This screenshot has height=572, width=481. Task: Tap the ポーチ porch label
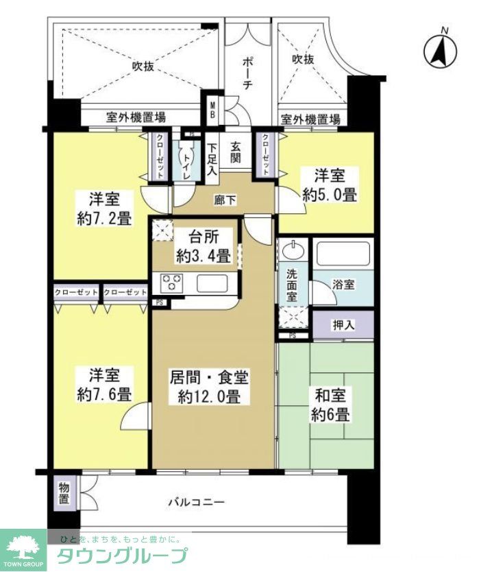tap(249, 71)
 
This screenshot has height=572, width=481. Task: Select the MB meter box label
tap(212, 110)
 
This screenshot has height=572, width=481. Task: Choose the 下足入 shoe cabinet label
tap(212, 159)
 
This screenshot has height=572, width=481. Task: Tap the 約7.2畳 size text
tap(105, 219)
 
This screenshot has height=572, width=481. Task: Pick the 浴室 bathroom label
tap(344, 283)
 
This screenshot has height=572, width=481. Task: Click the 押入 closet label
tap(343, 325)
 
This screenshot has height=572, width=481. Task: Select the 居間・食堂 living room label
tap(210, 377)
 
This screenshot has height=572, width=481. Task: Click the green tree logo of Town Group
tap(23, 545)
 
